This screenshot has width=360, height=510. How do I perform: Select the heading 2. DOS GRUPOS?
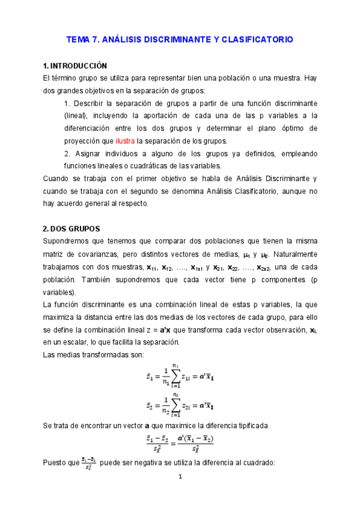[72, 229]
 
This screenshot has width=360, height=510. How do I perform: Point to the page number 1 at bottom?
[179, 477]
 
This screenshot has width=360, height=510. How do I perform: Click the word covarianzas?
[103, 254]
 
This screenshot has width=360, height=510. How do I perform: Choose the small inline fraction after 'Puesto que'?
[88, 464]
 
